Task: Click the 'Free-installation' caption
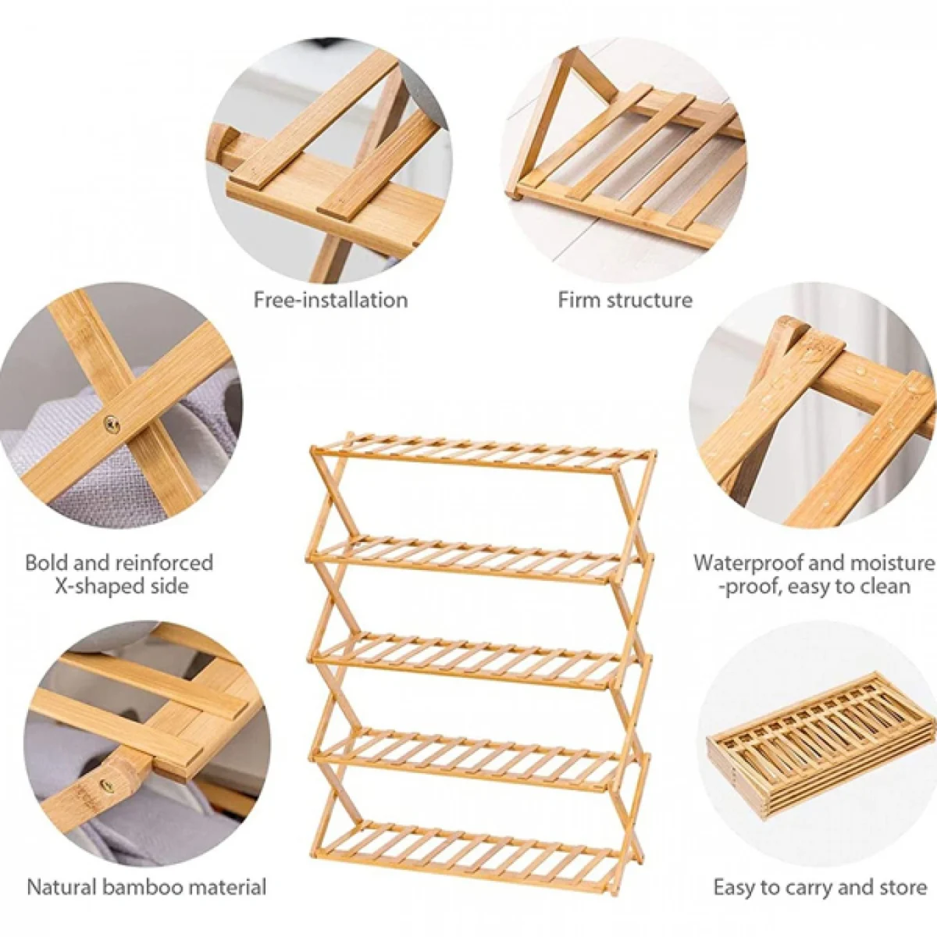tap(330, 300)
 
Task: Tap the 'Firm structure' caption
tap(625, 300)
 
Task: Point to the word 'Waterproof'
tap(755, 563)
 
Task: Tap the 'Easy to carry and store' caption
tap(820, 888)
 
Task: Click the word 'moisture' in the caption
tap(892, 563)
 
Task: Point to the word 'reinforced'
tap(164, 563)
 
